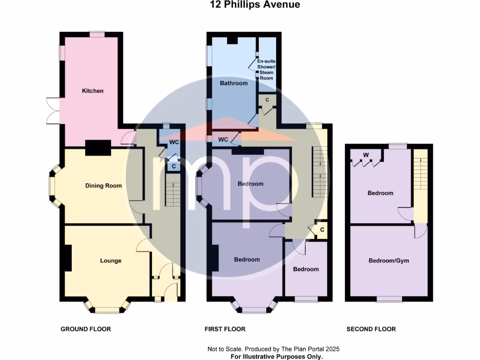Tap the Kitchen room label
(x=93, y=90)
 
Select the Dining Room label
(x=103, y=186)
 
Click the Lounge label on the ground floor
(x=111, y=261)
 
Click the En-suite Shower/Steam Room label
(x=266, y=70)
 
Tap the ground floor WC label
(x=174, y=142)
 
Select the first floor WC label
(x=223, y=140)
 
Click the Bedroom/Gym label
(x=385, y=261)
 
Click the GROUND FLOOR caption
(x=86, y=329)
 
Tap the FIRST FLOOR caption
(x=225, y=329)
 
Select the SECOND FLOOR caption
(x=371, y=329)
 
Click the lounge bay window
(x=107, y=308)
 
